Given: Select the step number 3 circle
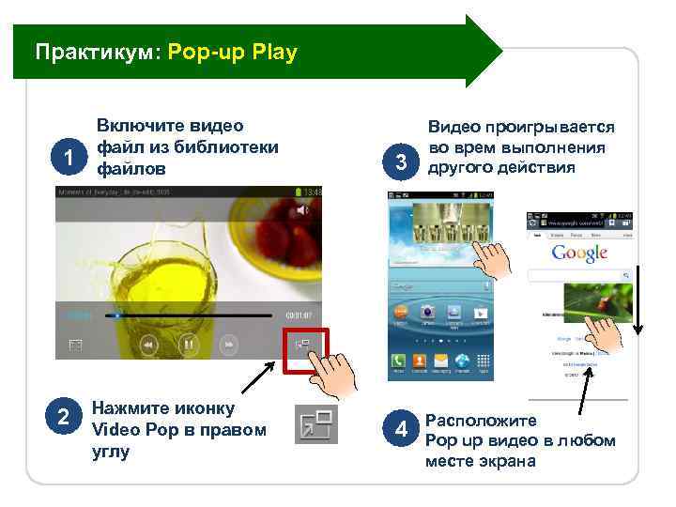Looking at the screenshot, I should coord(402,161).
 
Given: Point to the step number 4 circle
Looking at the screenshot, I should coord(402,430).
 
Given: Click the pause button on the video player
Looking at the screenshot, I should coord(188,345).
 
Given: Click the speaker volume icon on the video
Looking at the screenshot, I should coord(301,210).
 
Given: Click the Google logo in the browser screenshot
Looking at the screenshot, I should coord(579,253).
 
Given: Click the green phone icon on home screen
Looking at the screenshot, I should coord(399,361).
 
